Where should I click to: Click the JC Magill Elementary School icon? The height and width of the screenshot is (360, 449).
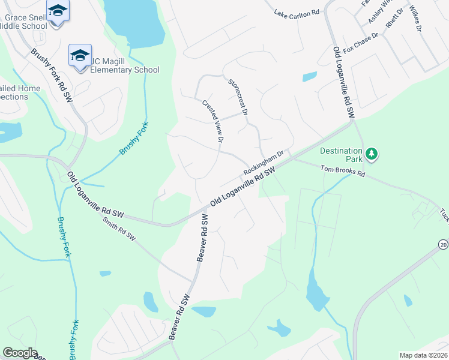coord(80,56)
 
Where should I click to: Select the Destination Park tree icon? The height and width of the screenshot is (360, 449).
coord(372,154)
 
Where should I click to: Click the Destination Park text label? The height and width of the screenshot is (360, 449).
coord(341,155)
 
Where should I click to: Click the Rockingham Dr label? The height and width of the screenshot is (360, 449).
coord(262,164)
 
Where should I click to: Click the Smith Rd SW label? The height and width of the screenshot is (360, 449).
coord(119,230)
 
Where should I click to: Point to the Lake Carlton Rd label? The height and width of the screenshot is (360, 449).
coord(296,13)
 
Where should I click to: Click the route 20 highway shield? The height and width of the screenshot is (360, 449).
coord(443,244)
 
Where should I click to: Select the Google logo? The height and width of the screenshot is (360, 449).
coord(20,353)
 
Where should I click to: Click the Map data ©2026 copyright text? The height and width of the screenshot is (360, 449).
coord(424,355)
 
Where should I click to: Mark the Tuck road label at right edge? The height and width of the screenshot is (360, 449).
coord(444,214)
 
